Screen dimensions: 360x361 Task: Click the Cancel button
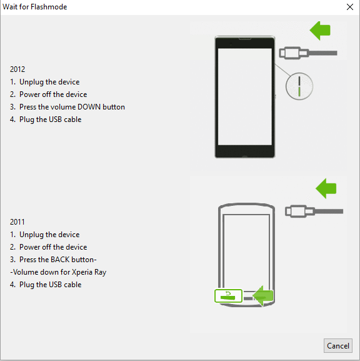pyautogui.click(x=338, y=345)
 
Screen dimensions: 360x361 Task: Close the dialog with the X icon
pyautogui.click(x=350, y=7)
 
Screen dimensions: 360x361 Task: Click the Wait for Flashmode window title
pyautogui.click(x=35, y=7)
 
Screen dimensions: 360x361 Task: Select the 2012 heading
pyautogui.click(x=17, y=69)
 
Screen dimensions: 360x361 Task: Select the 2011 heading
pyautogui.click(x=17, y=222)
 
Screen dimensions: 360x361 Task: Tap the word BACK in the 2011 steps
pyautogui.click(x=60, y=260)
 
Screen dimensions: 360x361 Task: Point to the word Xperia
pyautogui.click(x=82, y=272)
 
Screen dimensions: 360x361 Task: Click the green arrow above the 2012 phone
pyautogui.click(x=320, y=31)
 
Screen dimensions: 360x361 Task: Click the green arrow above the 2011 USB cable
pyautogui.click(x=326, y=188)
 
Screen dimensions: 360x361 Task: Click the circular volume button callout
pyautogui.click(x=299, y=86)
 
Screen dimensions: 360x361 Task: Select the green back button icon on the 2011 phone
pyautogui.click(x=228, y=296)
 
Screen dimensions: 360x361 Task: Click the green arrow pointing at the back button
pyautogui.click(x=263, y=296)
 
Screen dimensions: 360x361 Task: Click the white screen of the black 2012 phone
pyautogui.click(x=245, y=97)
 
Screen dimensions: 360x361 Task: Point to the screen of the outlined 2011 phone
pyautogui.click(x=246, y=251)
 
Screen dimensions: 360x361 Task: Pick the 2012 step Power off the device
pyautogui.click(x=53, y=94)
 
